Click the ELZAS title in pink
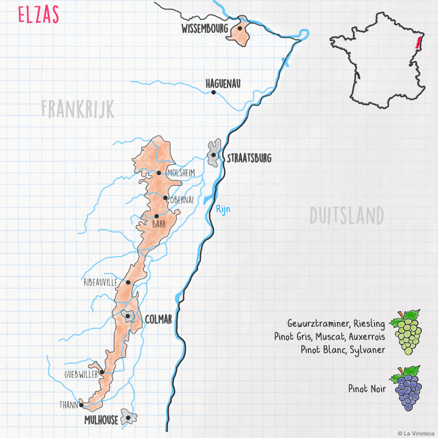tap(39, 15)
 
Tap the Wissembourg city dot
tap(240, 28)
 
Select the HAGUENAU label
tap(223, 83)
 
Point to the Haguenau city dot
tap(213, 92)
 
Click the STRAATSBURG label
tap(249, 158)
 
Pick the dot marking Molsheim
tap(159, 173)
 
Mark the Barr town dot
tap(156, 216)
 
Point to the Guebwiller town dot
tap(102, 372)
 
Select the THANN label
tap(68, 405)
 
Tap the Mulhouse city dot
tap(128, 417)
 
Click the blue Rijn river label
tap(223, 209)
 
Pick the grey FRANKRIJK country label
tap(78, 109)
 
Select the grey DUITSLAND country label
tap(346, 215)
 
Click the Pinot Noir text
tap(367, 389)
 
